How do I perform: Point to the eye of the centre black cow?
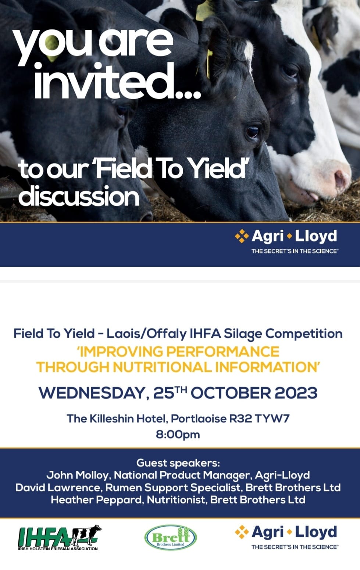point(253,132)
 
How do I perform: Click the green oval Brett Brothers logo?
point(171,538)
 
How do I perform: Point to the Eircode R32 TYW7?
point(260,419)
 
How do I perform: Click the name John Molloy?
point(77,475)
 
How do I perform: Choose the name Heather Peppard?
point(96,500)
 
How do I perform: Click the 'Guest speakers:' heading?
point(178,463)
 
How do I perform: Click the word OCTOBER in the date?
point(231,393)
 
